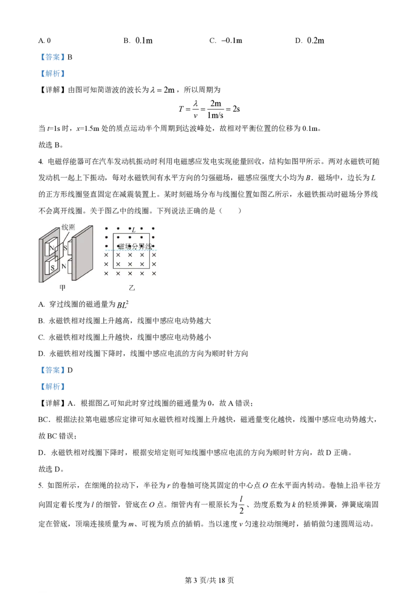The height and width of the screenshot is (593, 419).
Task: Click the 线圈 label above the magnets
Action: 68,228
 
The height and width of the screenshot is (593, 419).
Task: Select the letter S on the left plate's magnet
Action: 52,267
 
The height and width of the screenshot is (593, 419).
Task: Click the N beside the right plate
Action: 64,266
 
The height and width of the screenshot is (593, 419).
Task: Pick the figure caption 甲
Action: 63,288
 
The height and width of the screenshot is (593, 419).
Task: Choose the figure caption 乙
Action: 131,288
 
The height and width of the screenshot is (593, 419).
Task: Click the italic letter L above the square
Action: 134,230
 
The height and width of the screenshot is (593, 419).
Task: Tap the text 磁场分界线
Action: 135,246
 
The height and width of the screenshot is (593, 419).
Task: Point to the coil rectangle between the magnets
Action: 59,257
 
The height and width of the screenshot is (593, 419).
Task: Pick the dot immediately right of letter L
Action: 141,229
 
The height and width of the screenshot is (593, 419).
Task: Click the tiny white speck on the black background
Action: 152,320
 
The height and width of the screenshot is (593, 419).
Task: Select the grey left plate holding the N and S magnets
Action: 41,257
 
